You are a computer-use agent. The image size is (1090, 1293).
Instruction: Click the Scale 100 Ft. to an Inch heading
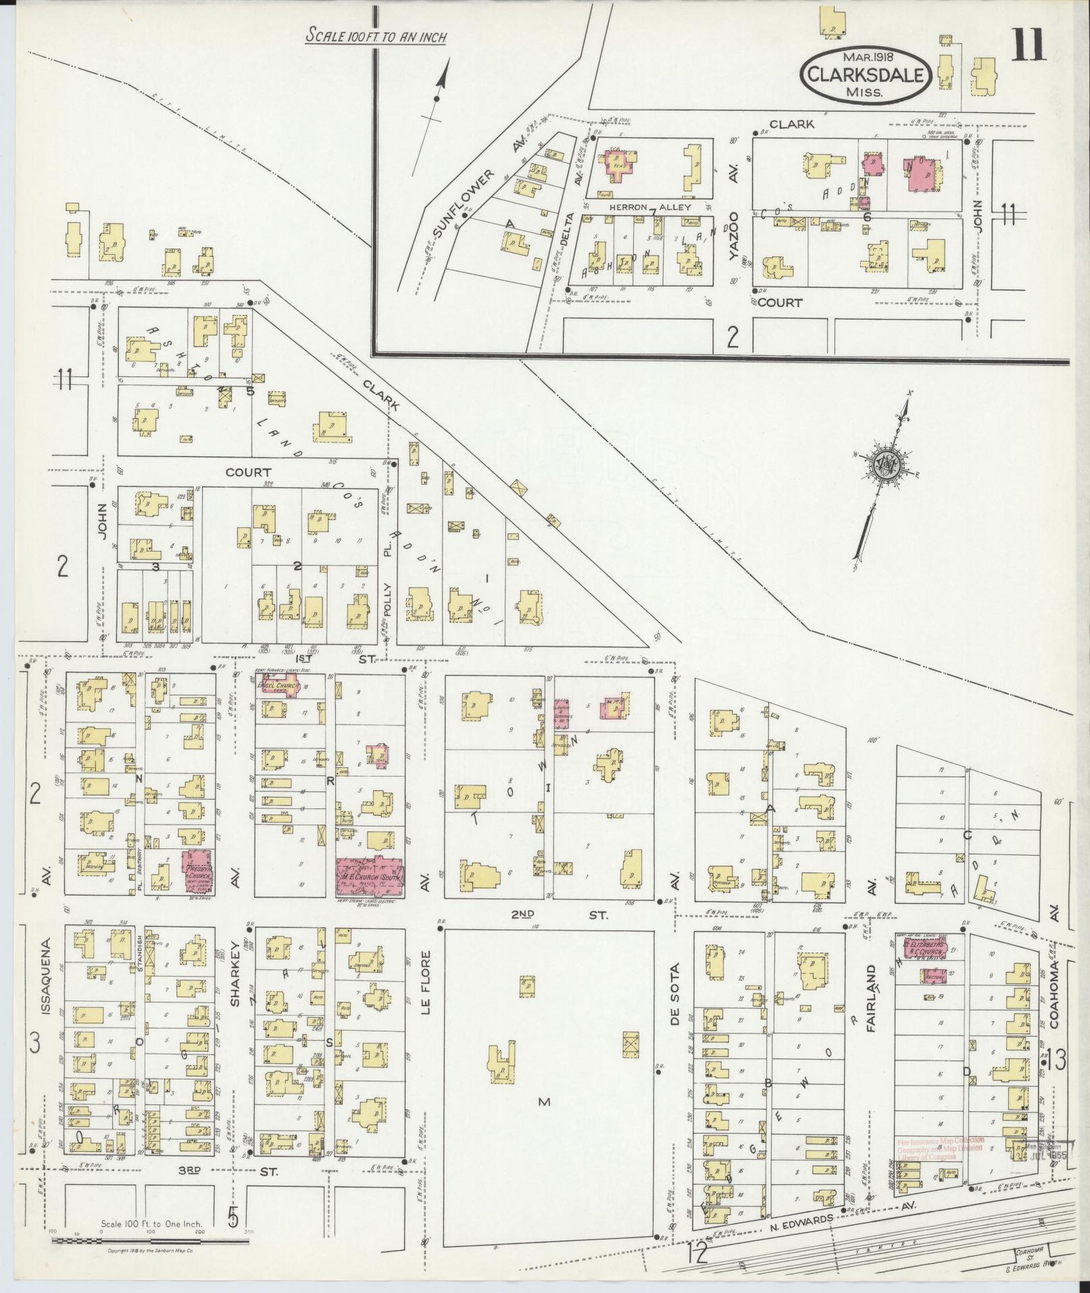376,36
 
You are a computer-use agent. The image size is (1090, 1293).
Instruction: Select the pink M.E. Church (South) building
370,877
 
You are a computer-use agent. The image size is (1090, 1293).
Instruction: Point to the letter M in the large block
544,1102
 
